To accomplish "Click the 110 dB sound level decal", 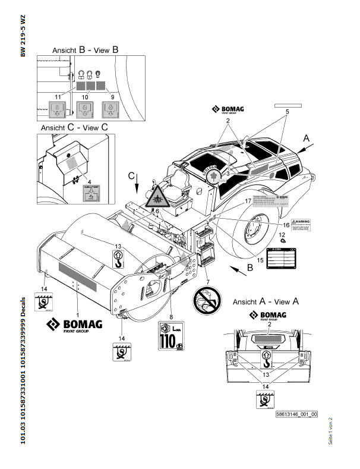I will (172, 336).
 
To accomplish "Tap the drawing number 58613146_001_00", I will (296, 414).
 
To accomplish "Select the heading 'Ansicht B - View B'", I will (86, 51).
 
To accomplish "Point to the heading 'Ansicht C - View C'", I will (74, 127).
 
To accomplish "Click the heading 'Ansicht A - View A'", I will (266, 301).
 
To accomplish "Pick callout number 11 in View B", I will (58, 96).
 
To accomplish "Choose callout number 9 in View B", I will (113, 96).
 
